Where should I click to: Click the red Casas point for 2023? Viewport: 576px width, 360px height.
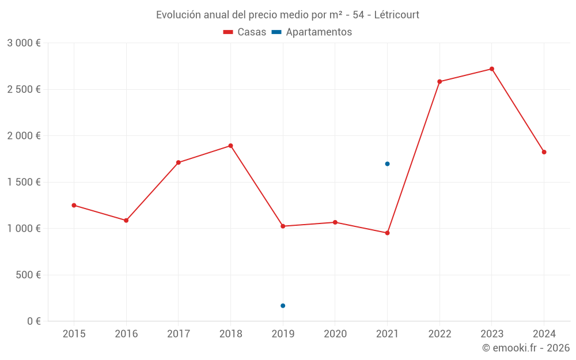492,69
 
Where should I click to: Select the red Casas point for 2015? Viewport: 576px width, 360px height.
74,205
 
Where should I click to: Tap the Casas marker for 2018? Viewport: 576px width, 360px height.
230,146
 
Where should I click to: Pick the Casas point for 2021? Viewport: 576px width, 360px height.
387,233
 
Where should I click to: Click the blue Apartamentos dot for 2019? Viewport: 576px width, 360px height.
283,306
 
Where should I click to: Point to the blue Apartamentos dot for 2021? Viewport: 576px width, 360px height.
387,164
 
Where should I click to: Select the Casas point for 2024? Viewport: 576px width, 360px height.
544,152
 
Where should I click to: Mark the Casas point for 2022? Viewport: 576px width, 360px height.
439,82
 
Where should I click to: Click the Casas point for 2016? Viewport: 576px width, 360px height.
126,220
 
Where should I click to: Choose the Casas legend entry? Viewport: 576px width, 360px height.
245,32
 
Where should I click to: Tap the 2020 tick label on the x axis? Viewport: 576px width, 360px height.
335,334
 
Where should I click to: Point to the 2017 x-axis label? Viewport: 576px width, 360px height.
179,334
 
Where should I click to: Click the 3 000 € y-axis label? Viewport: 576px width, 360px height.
24,43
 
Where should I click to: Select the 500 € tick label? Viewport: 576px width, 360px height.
27,275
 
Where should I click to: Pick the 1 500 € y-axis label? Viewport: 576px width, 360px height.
24,182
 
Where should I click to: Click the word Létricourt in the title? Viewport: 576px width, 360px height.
396,14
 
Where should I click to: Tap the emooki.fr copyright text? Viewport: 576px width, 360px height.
526,348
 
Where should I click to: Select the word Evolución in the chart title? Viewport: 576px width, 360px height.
177,14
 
